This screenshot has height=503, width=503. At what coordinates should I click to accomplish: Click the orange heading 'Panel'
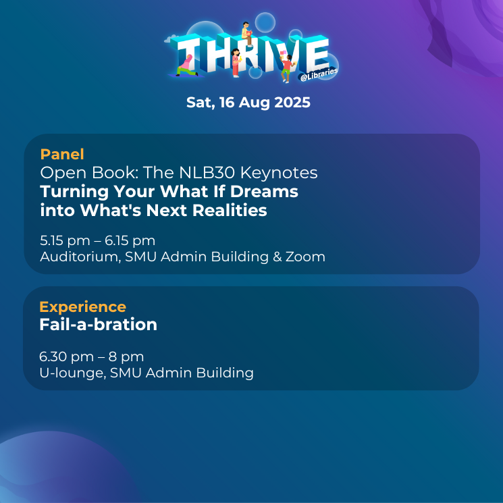(62, 155)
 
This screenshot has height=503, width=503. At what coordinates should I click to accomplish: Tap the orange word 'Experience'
(83, 307)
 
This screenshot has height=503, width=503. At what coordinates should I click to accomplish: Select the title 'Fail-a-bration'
(98, 324)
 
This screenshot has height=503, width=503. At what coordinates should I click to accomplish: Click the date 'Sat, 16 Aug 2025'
(248, 103)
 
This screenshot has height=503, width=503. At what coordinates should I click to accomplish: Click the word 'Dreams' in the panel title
(264, 192)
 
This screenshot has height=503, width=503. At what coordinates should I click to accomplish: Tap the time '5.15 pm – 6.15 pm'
(97, 241)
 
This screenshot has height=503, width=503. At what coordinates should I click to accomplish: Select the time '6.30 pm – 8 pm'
(91, 356)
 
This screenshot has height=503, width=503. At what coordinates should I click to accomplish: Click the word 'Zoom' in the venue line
(305, 257)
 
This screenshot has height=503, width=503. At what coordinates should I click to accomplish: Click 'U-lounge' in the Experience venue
(72, 373)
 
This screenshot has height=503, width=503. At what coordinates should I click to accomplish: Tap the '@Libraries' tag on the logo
(319, 74)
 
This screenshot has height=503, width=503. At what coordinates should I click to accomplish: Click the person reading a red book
(246, 34)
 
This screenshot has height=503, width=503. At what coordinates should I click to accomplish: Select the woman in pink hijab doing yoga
(187, 66)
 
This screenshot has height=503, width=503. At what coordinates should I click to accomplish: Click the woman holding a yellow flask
(236, 63)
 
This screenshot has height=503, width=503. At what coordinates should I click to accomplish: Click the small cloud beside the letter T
(170, 39)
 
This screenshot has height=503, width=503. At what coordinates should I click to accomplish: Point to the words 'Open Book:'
(89, 173)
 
